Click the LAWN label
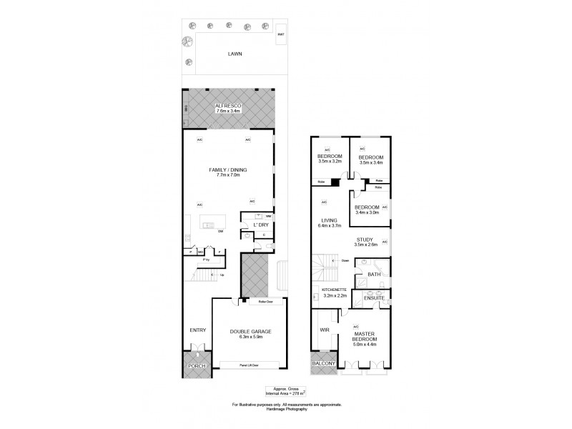(x=235, y=54)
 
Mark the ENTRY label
(x=197, y=330)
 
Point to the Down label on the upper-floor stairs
(x=345, y=260)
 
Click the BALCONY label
(x=322, y=363)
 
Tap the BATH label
(x=374, y=273)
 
